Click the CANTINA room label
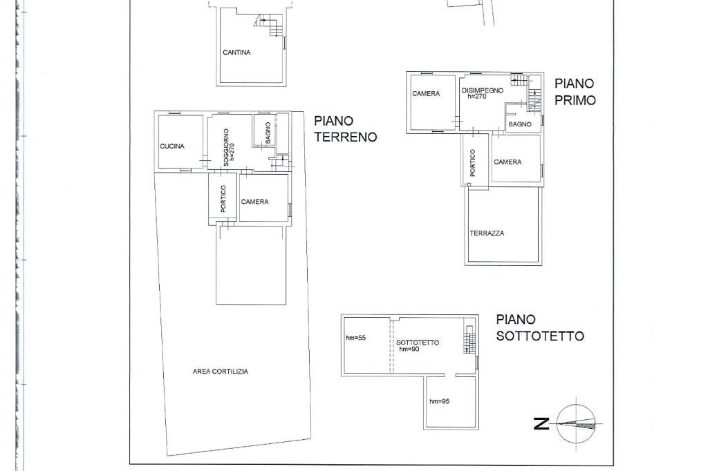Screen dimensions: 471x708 point(236,52)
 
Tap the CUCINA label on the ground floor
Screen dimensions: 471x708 point(172,146)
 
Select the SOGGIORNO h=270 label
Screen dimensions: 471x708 point(230,148)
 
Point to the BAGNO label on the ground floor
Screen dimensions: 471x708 point(268,133)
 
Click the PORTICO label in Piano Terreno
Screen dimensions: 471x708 point(223,198)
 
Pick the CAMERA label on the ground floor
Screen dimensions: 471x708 point(254,202)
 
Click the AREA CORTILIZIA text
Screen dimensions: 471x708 point(220,372)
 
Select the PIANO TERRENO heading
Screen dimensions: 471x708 point(345,129)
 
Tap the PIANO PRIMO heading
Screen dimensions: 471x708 point(574,91)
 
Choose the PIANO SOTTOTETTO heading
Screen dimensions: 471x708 point(539,327)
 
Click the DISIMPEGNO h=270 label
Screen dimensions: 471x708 point(482,93)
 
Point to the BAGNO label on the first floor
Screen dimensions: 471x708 point(520,124)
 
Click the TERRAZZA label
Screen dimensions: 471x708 point(487,233)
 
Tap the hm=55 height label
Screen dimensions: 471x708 point(355,338)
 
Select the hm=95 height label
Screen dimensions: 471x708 point(439,401)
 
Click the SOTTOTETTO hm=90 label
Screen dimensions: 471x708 point(417,345)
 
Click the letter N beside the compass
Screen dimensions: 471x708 point(541,423)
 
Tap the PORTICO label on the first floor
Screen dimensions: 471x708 point(473,163)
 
